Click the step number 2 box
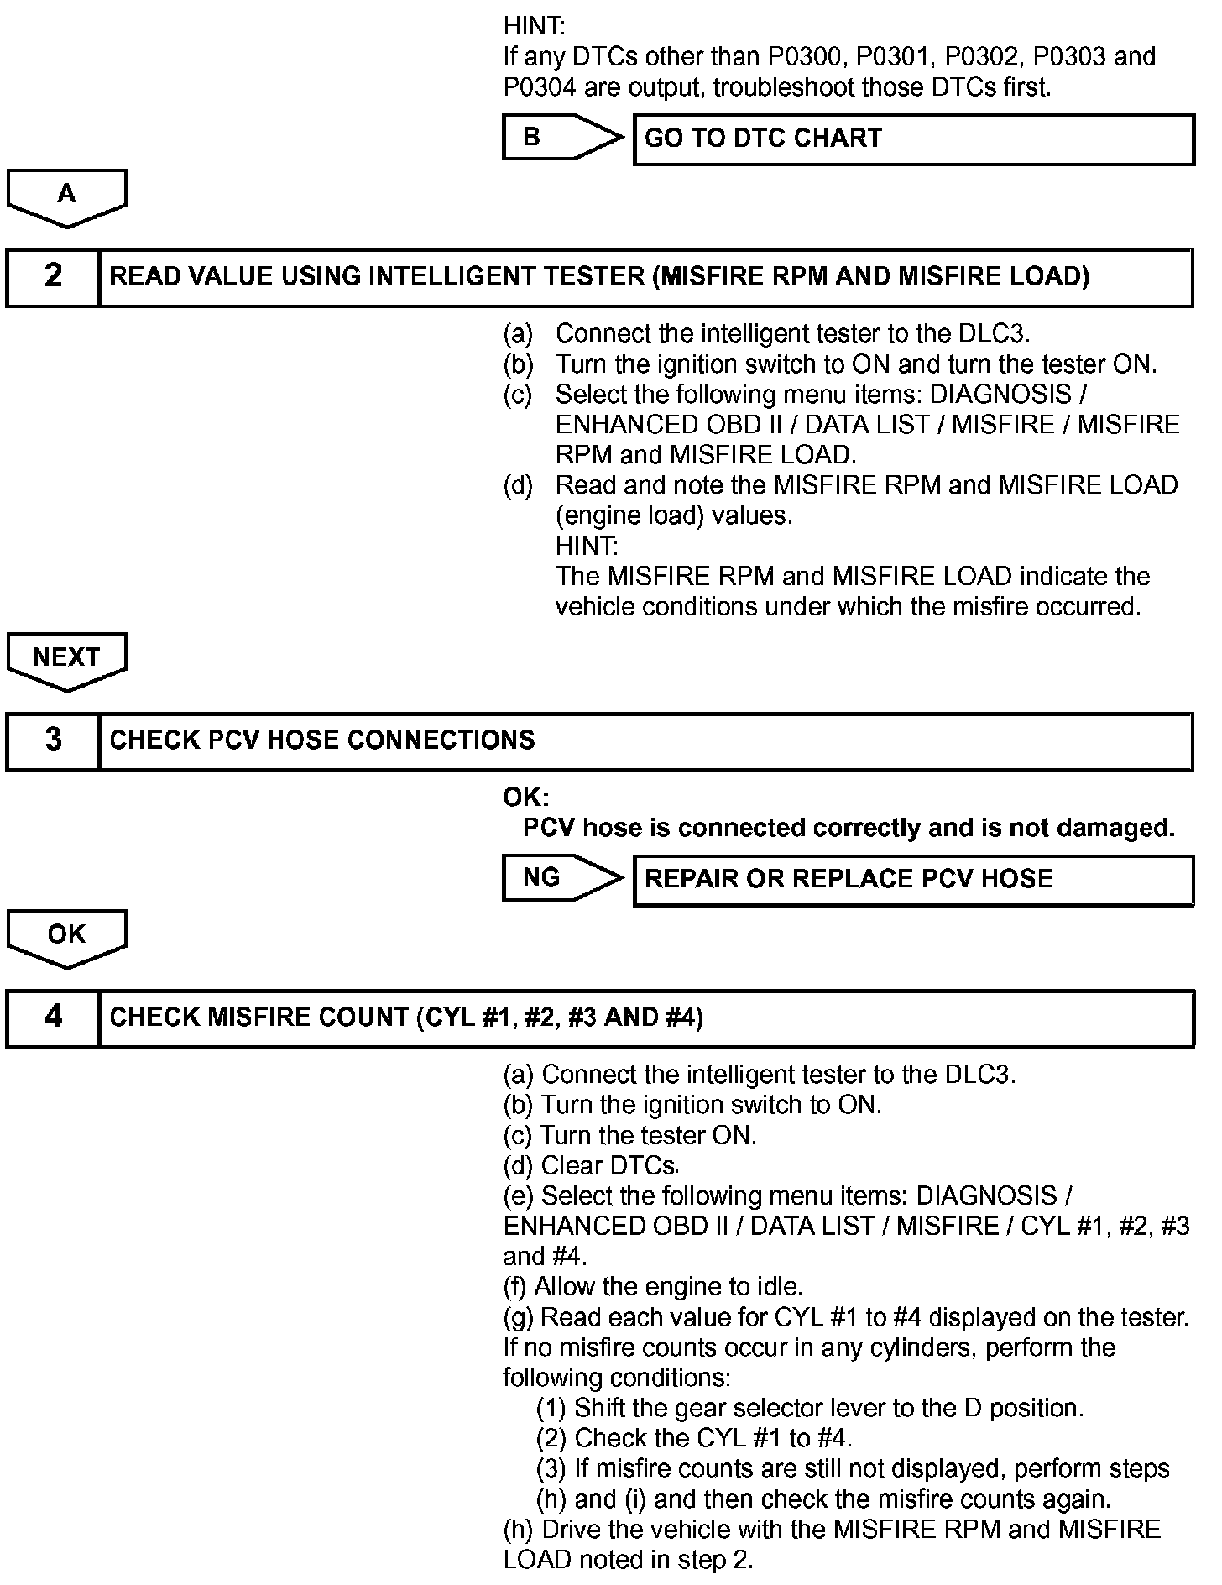tap(53, 277)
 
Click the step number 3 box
tap(53, 740)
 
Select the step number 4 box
tap(53, 1017)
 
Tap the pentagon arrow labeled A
tap(66, 196)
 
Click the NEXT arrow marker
tap(66, 660)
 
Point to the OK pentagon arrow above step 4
tap(66, 937)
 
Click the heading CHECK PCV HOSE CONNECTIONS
tap(322, 740)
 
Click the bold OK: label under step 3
tap(525, 797)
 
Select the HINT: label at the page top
tap(534, 26)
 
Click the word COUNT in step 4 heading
tap(358, 1017)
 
